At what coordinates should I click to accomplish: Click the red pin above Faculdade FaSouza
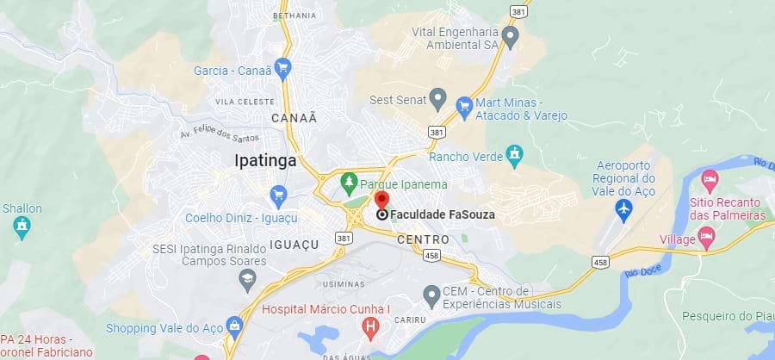tap(382, 201)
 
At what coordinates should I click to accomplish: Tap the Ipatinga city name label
tap(265, 160)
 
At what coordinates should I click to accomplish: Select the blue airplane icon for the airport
tap(624, 208)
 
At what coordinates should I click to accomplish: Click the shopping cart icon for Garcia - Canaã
tap(282, 69)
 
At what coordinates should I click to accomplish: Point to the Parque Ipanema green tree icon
tap(349, 183)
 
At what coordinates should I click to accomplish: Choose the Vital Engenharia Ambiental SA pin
tap(511, 37)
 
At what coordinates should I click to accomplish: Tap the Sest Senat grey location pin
tap(437, 99)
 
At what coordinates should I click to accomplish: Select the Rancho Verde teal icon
tap(514, 156)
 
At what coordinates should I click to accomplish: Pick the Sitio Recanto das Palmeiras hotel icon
tap(710, 181)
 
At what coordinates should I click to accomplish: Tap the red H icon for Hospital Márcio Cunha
tap(371, 327)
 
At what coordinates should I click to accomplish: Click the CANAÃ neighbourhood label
tap(294, 117)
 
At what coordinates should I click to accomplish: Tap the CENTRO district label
tap(423, 239)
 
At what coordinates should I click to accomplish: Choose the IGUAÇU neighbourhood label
tap(294, 245)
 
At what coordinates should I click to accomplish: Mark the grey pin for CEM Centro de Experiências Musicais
tap(432, 297)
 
